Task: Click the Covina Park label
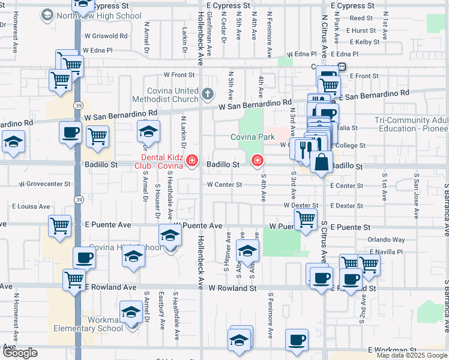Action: (x=253, y=137)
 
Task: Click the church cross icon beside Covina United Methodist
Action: (x=208, y=94)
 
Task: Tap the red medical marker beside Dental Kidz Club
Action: (x=191, y=160)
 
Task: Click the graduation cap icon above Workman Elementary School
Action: (x=130, y=313)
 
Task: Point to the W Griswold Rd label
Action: (x=106, y=36)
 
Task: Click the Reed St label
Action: (x=361, y=19)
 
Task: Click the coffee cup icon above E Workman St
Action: (x=296, y=340)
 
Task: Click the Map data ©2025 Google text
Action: (x=412, y=355)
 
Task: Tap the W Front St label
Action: (x=179, y=75)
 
